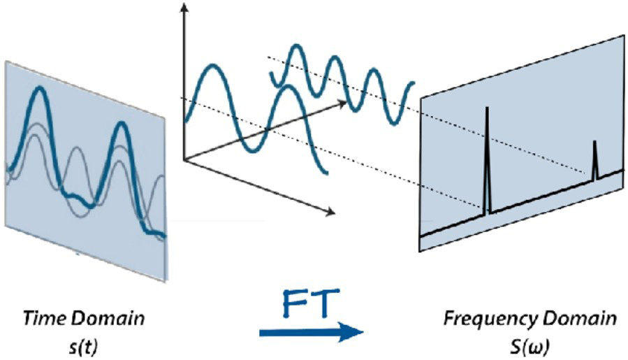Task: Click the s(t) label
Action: pyautogui.click(x=83, y=347)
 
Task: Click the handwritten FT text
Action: pyautogui.click(x=310, y=303)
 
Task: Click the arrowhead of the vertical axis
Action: pyautogui.click(x=184, y=8)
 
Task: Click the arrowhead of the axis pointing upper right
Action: pyautogui.click(x=342, y=103)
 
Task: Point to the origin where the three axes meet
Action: pyautogui.click(x=184, y=160)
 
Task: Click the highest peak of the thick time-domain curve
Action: pyautogui.click(x=39, y=89)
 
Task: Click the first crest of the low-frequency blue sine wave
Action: pyautogui.click(x=213, y=66)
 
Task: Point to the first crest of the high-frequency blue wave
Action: pyautogui.click(x=296, y=46)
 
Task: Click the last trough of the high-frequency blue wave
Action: pyautogui.click(x=395, y=122)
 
